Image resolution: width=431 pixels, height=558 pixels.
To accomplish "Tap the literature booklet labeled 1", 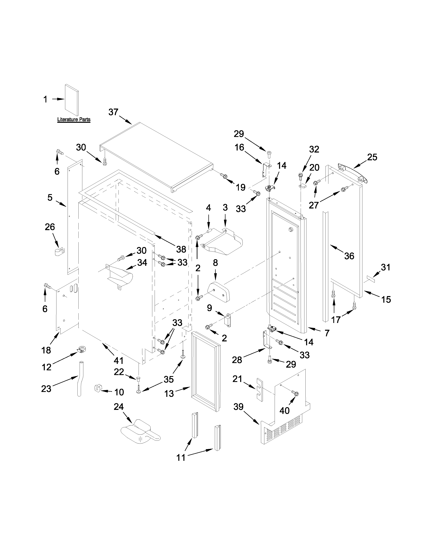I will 71,100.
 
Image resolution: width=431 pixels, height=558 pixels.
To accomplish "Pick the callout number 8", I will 215,263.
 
